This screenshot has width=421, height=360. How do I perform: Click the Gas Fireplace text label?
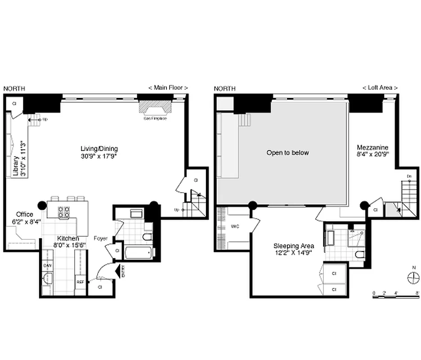(x=155, y=119)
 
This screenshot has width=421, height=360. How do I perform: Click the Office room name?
(x=24, y=214)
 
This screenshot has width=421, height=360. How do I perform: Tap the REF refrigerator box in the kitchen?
(x=80, y=282)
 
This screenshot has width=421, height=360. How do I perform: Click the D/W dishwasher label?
(x=47, y=266)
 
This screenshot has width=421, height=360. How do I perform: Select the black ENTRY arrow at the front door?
(x=119, y=271)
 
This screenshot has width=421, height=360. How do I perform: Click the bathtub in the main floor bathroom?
(x=139, y=252)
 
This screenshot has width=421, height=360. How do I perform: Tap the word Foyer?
(x=101, y=238)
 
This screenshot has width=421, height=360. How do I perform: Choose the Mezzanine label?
(x=372, y=147)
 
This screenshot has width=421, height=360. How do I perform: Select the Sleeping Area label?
(x=294, y=246)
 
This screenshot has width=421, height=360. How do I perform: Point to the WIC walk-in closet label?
(x=234, y=226)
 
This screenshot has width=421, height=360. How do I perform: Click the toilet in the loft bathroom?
(x=359, y=255)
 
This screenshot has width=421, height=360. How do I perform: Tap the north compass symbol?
(x=413, y=278)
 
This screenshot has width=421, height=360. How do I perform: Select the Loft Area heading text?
(x=380, y=88)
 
